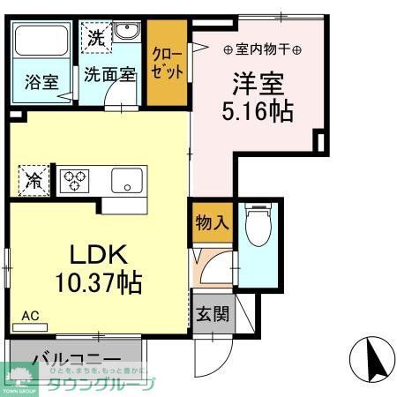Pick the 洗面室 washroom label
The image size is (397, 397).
(110, 75)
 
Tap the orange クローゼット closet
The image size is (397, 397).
(166, 61)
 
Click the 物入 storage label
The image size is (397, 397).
(210, 221)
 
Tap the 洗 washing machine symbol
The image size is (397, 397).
(95, 37)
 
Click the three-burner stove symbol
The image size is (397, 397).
(75, 182)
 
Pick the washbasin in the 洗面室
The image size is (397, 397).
(125, 33)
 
